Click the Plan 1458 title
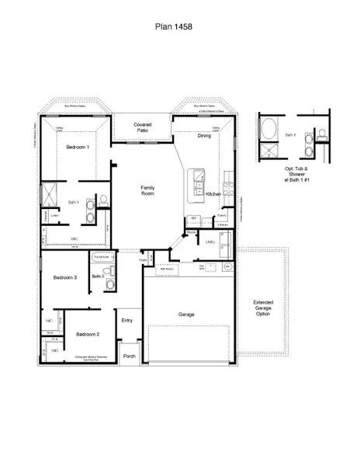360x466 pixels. [179, 26]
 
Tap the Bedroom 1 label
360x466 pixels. [77, 147]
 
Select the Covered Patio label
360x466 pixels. [143, 127]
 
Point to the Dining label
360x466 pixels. [204, 136]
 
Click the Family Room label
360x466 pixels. [147, 191]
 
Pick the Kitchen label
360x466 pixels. [214, 193]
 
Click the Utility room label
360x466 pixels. [209, 242]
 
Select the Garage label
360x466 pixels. [186, 315]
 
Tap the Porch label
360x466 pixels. [129, 356]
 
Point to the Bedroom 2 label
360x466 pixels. [87, 334]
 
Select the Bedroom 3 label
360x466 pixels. [64, 277]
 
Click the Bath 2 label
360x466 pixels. [98, 276]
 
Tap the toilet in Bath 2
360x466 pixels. [111, 272]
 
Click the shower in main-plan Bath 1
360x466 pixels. [49, 193]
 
